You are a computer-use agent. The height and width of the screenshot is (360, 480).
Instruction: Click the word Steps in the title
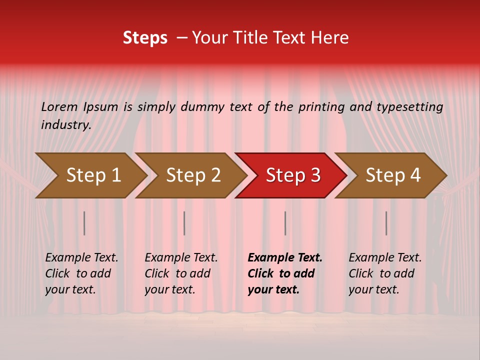click(145, 38)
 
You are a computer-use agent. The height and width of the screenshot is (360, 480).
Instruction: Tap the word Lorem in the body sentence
click(59, 106)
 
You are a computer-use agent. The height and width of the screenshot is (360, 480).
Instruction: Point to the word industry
click(66, 125)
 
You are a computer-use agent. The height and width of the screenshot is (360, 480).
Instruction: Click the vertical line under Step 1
click(84, 223)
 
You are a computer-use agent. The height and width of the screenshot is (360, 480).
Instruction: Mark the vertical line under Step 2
click(184, 223)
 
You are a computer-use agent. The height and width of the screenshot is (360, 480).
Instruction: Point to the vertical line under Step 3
click(285, 223)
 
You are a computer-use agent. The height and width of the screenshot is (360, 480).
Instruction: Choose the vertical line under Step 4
click(386, 223)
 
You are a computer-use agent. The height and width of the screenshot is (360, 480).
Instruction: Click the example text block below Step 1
click(81, 273)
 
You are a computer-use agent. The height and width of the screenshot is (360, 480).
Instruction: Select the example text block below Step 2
click(181, 273)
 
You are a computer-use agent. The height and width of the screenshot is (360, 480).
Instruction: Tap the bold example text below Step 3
click(285, 273)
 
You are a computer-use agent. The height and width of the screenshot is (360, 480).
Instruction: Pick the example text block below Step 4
click(385, 273)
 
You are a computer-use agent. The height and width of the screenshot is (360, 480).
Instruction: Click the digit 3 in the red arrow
click(315, 175)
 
